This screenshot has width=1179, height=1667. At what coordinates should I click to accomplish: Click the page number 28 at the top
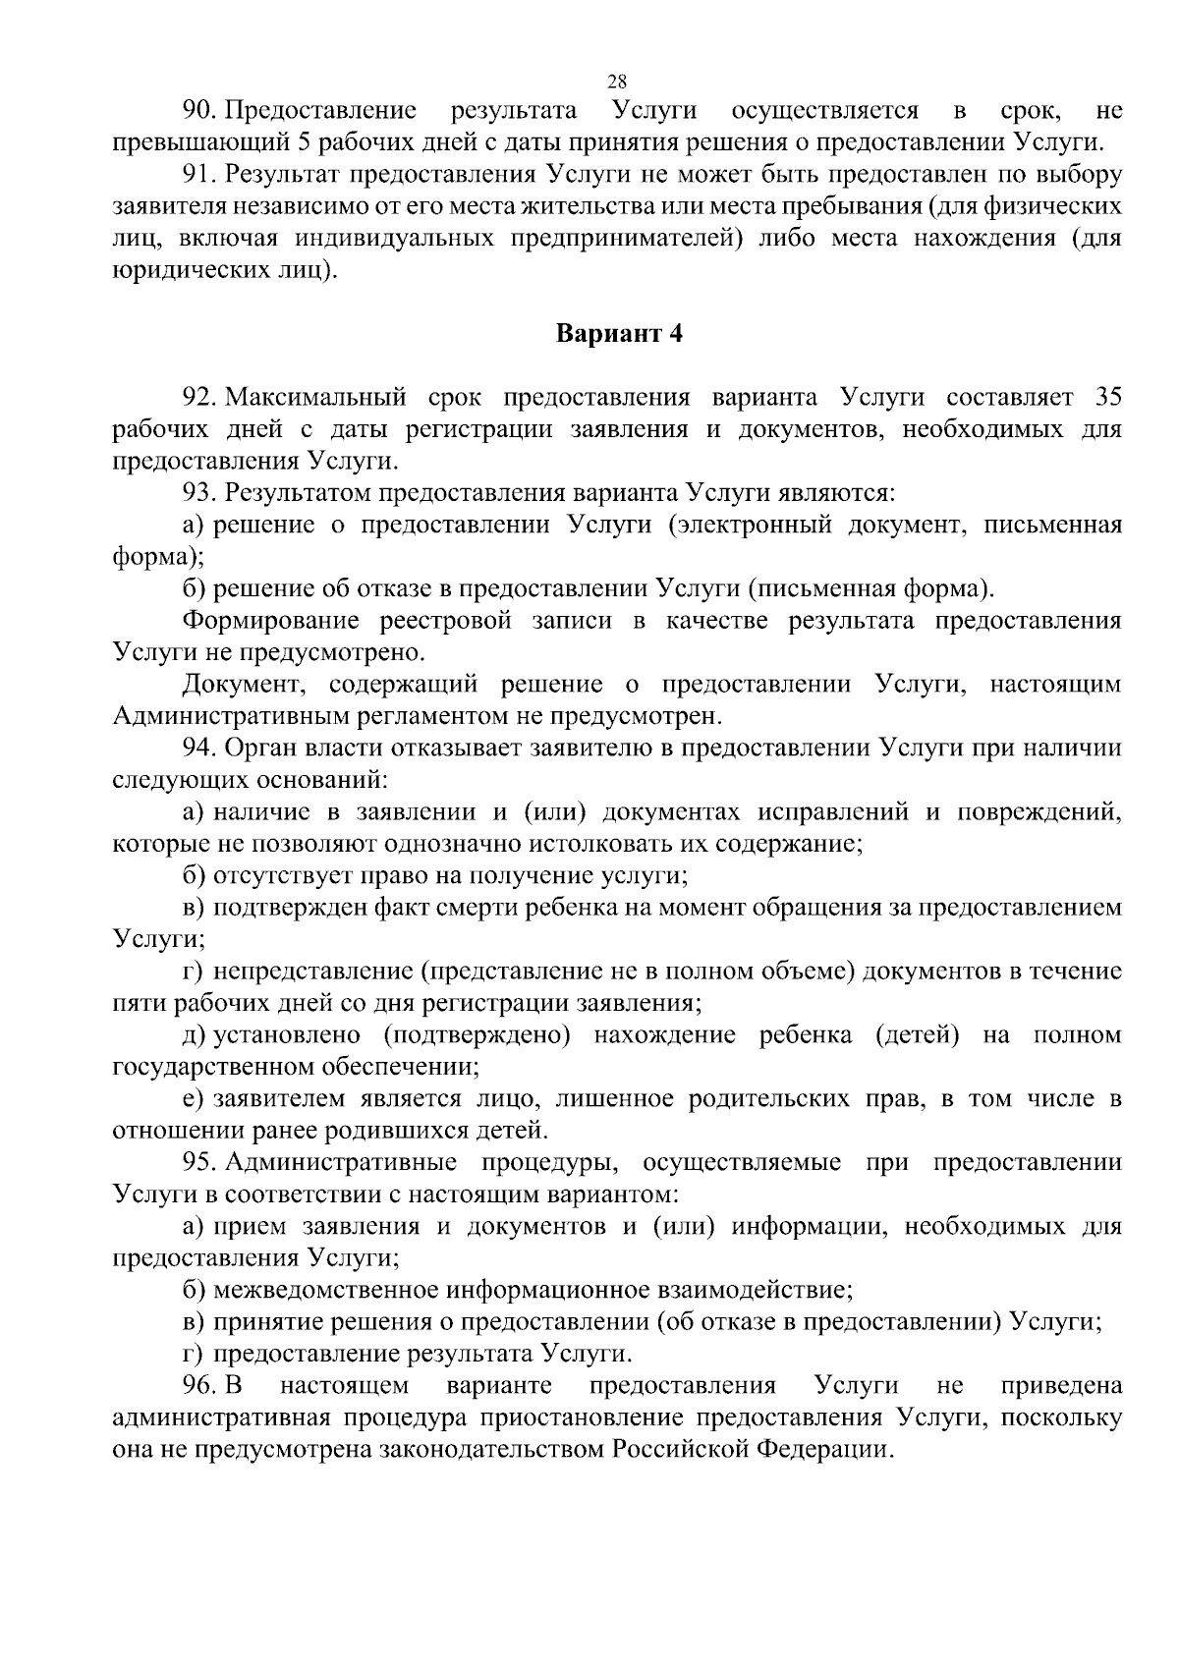[618, 81]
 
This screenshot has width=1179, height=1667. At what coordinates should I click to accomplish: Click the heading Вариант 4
[619, 334]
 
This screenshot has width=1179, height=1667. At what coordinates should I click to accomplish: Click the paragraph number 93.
[200, 493]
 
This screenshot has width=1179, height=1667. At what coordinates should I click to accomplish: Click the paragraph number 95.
[200, 1163]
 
